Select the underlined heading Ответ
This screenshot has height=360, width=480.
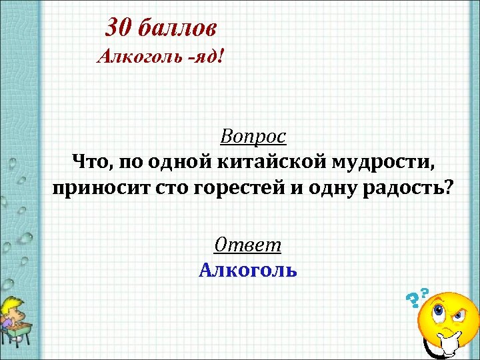248,245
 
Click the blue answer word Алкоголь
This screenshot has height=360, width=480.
248,270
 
